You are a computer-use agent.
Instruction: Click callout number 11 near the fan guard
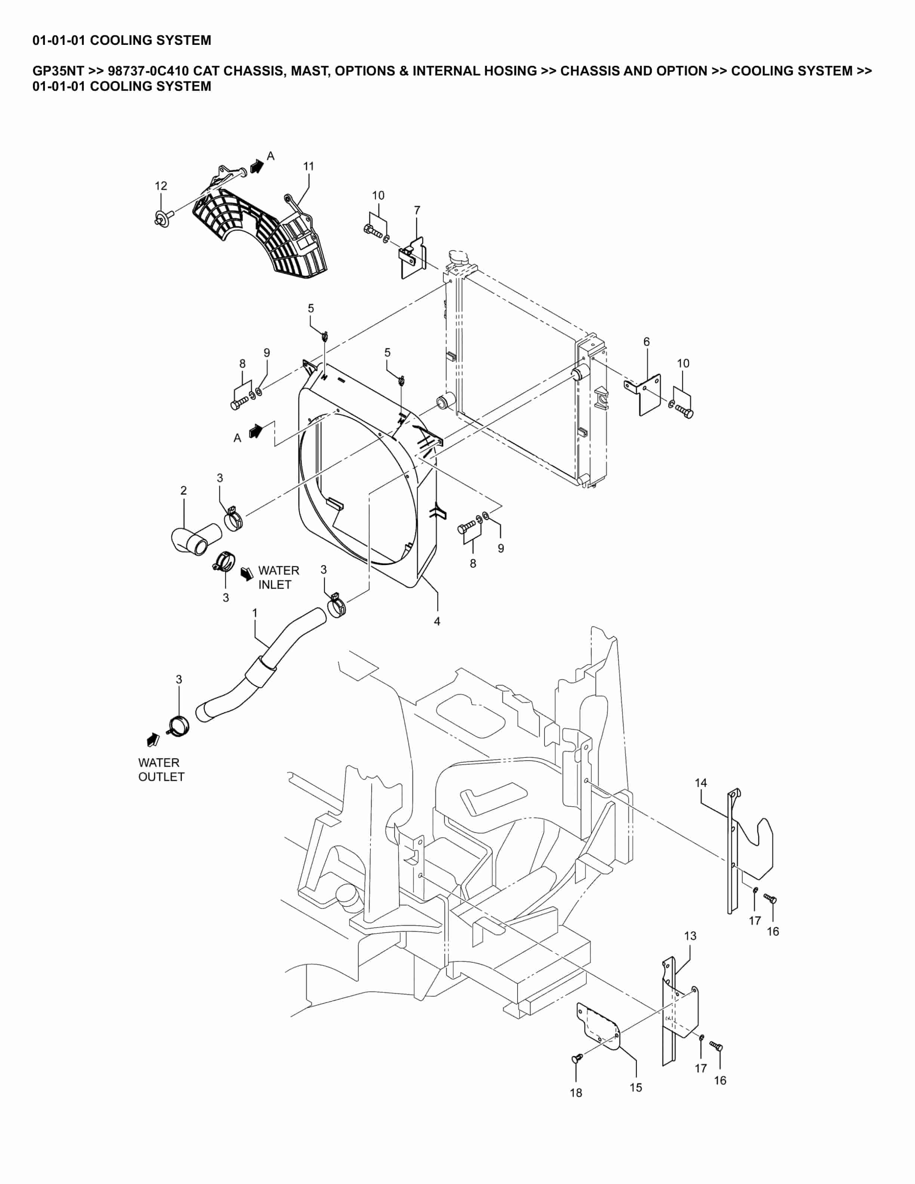[308, 166]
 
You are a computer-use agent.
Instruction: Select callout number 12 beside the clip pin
[161, 186]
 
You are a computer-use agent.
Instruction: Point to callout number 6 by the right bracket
[646, 342]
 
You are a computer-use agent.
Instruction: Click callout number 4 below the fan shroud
[437, 622]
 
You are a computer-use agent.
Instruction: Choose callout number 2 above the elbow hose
[184, 491]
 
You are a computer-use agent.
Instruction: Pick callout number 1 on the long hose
[255, 613]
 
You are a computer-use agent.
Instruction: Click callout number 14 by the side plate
[701, 783]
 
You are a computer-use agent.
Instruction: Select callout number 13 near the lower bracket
[690, 936]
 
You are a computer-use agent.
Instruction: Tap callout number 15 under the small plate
[636, 1088]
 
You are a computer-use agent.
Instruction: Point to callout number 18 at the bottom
[576, 1093]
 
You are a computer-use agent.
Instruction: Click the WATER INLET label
[278, 577]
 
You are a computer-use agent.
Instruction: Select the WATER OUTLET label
[161, 770]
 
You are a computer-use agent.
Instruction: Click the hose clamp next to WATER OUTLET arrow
[179, 725]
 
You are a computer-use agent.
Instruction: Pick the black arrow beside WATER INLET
[247, 573]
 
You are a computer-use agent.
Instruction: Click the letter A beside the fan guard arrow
[271, 156]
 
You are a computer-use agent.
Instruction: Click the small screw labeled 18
[577, 1058]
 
